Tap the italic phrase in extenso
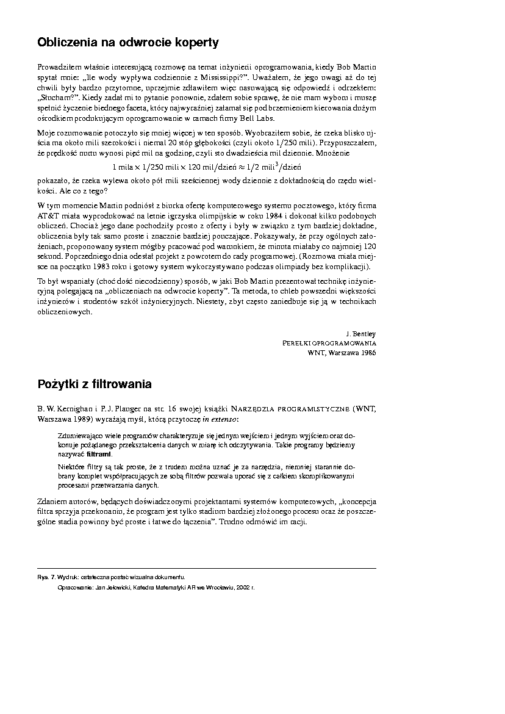click(x=221, y=420)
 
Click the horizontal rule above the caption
click(x=207, y=568)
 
